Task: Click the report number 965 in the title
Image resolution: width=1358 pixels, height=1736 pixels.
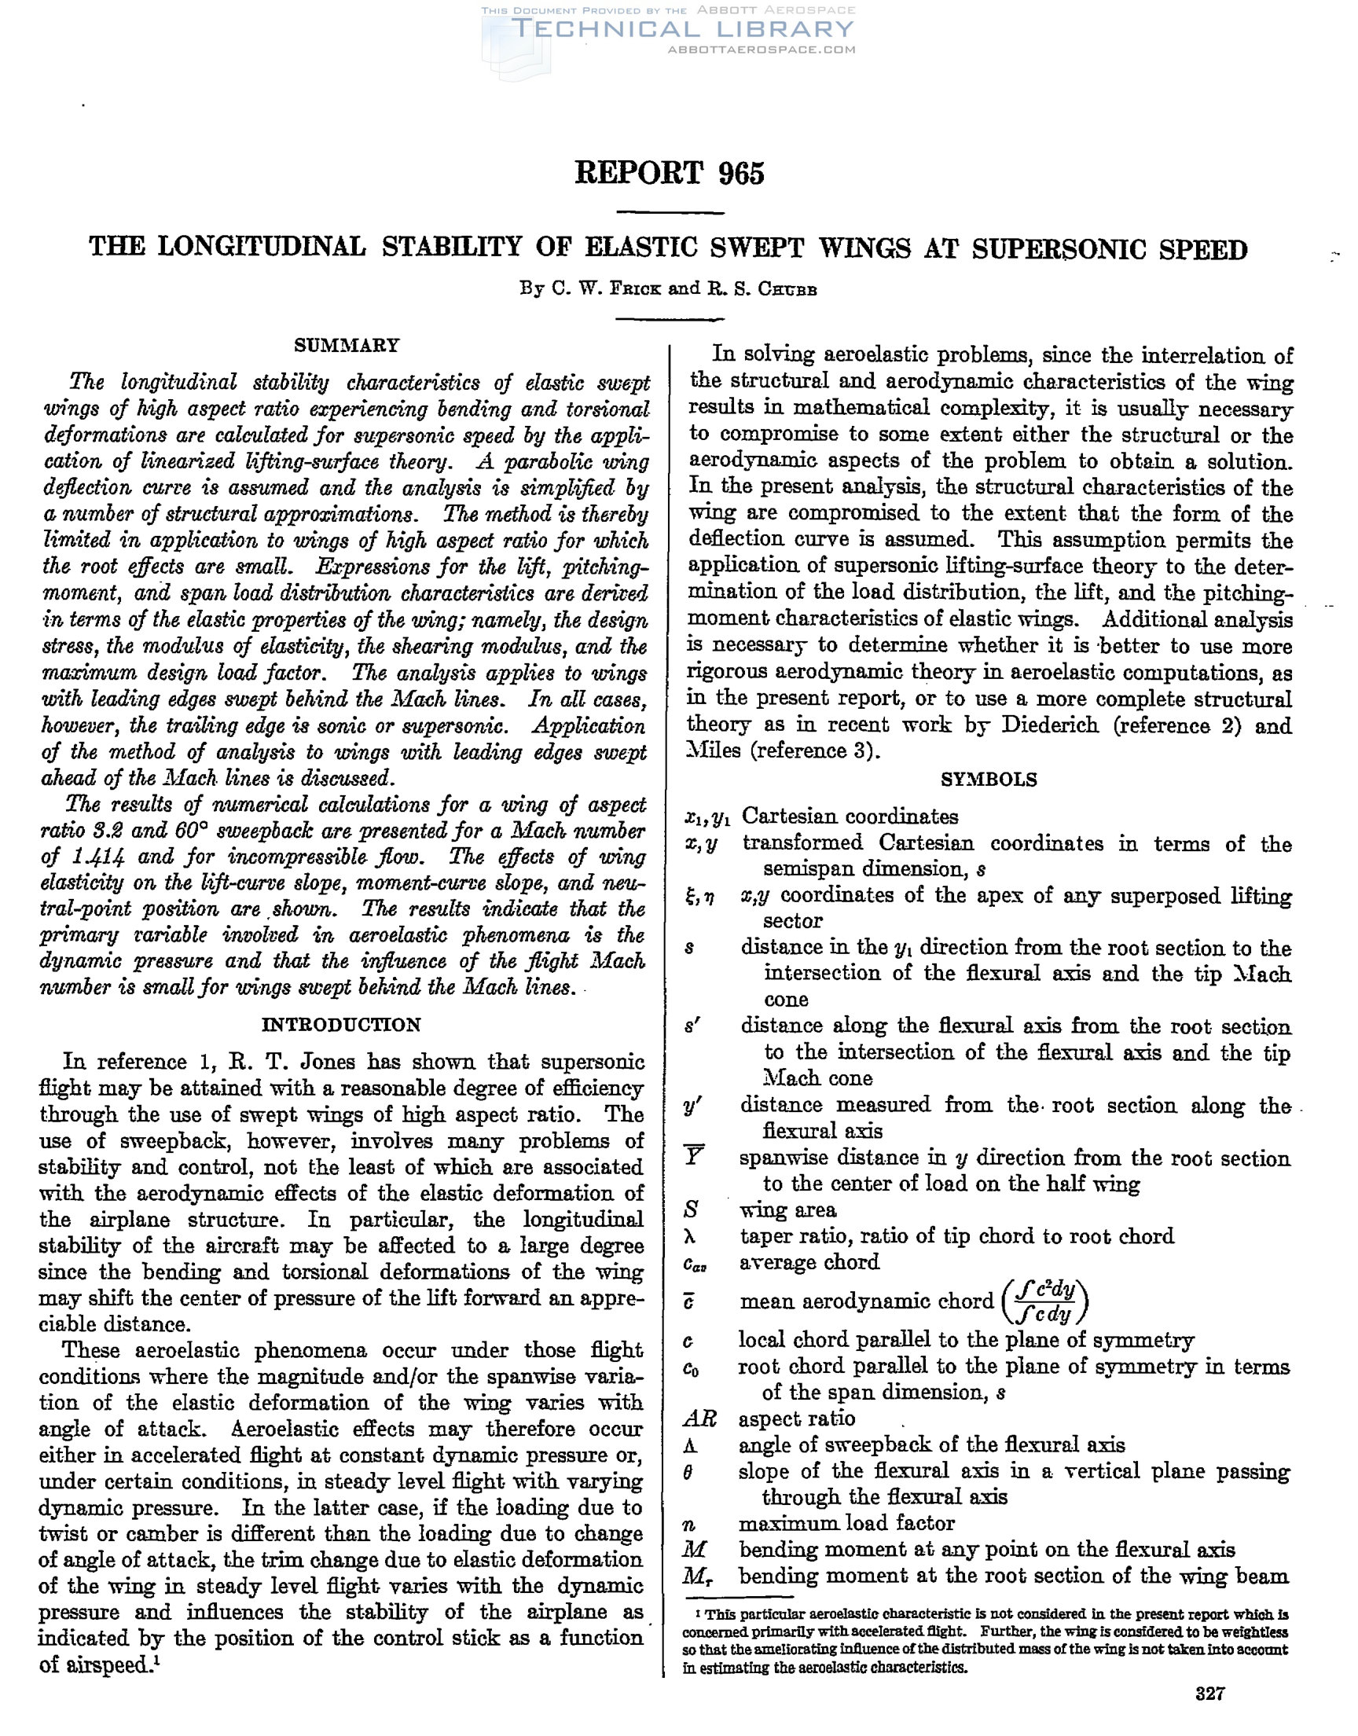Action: pyautogui.click(x=741, y=173)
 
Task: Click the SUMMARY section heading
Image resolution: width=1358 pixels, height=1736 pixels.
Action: pyautogui.click(x=347, y=346)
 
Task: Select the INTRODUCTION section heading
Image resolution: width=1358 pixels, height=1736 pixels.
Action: pyautogui.click(x=341, y=1025)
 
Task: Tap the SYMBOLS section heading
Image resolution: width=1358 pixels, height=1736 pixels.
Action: pyautogui.click(x=989, y=780)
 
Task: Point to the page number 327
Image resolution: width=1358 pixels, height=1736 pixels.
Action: pyautogui.click(x=1210, y=1693)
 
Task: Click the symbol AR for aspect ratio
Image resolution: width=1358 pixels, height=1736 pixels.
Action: pyautogui.click(x=699, y=1419)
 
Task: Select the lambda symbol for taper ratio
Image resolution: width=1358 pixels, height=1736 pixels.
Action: pyautogui.click(x=690, y=1237)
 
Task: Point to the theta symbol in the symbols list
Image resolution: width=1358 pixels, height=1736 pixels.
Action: pyautogui.click(x=689, y=1472)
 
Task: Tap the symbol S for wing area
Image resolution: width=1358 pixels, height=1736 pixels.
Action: pyautogui.click(x=691, y=1209)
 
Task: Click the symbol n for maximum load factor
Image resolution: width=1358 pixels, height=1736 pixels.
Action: pyautogui.click(x=689, y=1524)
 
